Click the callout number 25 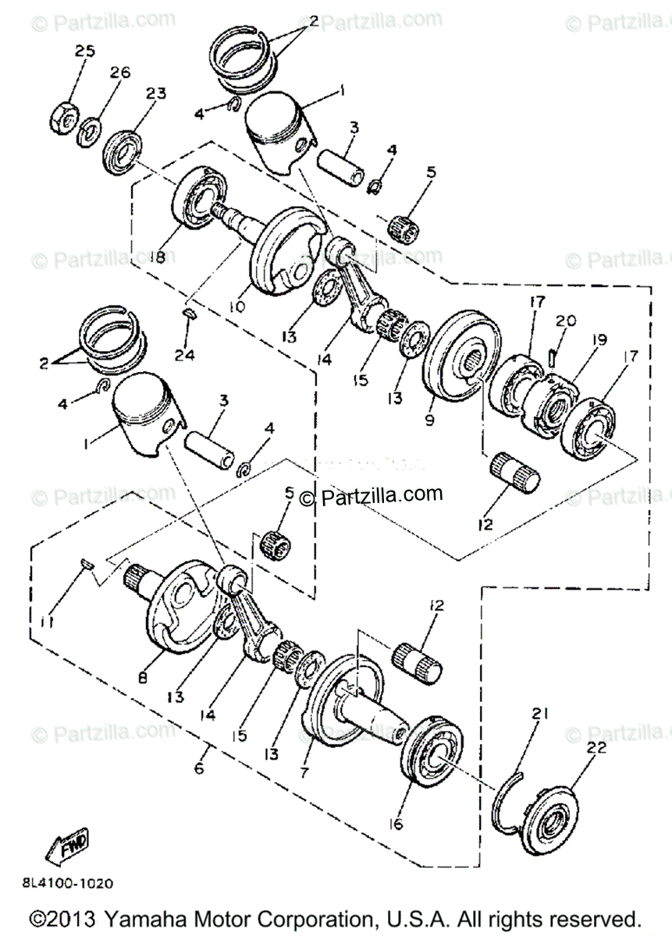(85, 51)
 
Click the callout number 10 (237, 307)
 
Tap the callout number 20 (566, 321)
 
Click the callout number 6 (200, 768)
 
